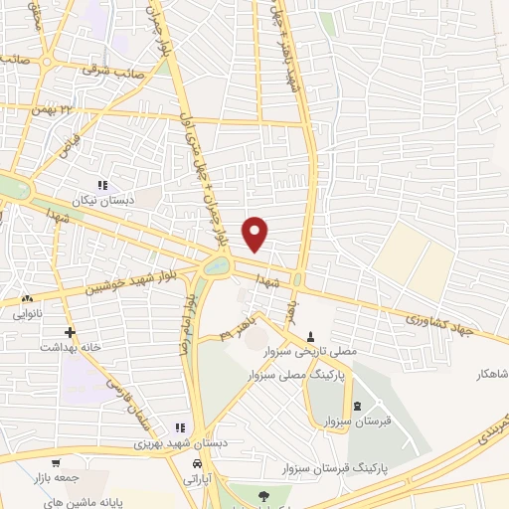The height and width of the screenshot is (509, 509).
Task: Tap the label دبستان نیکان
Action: coord(101,200)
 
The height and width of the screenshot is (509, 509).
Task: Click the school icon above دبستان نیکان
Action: coord(101,185)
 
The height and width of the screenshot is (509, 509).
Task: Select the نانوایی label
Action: coord(28,313)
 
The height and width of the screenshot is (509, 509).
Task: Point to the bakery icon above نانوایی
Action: coord(28,298)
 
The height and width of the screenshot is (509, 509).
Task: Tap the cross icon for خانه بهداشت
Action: coord(68,332)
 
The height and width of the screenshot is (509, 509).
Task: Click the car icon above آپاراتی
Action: coord(199,464)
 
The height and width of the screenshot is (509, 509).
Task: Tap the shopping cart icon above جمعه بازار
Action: coord(56,463)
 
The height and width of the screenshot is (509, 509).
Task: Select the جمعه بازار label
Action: coord(56,478)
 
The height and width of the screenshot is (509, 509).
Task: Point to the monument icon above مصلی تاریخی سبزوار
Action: coord(314,335)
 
